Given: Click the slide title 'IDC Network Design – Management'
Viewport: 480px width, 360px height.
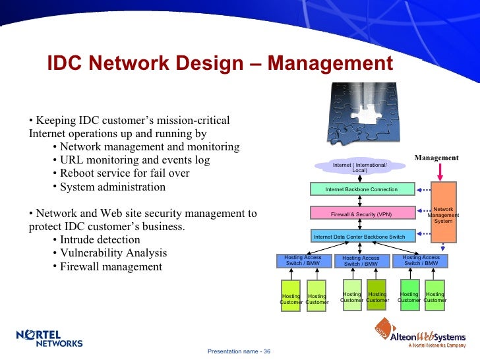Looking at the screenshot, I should tap(220, 64).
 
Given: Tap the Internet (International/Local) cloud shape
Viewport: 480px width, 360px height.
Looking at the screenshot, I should tap(359, 167).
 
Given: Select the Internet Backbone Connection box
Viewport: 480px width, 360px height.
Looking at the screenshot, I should tap(361, 190).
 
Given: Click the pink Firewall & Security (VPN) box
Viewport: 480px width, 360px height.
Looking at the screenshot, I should tap(361, 214).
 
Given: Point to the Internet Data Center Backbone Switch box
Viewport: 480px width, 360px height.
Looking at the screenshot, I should tap(359, 237).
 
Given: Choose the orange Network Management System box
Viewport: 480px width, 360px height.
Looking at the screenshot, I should tap(443, 215).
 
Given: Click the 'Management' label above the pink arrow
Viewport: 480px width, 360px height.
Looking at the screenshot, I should tap(436, 158).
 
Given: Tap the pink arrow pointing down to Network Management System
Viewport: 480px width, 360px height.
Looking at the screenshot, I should tap(443, 171).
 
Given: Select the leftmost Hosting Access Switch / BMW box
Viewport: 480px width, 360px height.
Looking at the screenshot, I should tap(303, 260).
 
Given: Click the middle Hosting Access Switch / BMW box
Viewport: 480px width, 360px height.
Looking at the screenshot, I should tap(361, 261).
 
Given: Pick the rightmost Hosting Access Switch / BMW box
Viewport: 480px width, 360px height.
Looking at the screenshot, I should tap(421, 260).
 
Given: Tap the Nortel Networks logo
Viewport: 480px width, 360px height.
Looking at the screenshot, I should tap(49, 338).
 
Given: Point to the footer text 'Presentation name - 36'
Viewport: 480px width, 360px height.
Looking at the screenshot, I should tap(239, 351).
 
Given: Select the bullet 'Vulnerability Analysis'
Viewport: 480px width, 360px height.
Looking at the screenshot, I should tap(113, 253).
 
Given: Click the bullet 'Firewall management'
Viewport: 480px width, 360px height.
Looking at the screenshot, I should tap(111, 267).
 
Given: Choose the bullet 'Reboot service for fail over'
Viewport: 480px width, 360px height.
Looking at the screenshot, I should tap(125, 173).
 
